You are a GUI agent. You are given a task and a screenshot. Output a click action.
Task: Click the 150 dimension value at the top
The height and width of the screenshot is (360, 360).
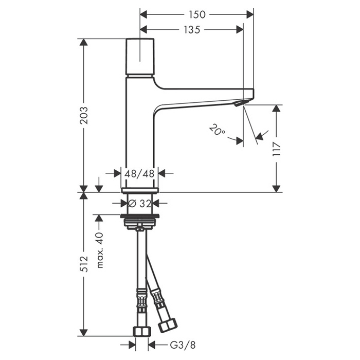pos(197,15)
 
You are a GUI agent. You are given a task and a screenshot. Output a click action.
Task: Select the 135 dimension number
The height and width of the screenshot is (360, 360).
pos(192,30)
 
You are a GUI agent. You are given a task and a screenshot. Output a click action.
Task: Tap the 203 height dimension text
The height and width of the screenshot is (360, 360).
pos(84,116)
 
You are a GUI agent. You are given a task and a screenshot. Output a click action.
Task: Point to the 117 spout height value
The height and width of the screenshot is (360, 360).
pos(277,149)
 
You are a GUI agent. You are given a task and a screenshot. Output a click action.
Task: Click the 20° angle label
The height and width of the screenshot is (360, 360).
pos(217,131)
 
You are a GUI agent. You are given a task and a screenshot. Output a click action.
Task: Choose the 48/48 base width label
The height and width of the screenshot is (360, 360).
pos(139,173)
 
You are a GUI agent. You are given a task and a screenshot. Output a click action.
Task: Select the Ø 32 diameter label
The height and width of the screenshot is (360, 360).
pos(139,203)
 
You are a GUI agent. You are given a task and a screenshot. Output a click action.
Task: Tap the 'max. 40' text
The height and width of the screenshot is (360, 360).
pos(100,250)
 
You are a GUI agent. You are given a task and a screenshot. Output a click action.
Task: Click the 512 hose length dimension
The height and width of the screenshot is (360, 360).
pos(84,263)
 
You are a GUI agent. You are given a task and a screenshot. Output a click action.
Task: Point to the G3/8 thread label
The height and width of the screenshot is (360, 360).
pos(183,345)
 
